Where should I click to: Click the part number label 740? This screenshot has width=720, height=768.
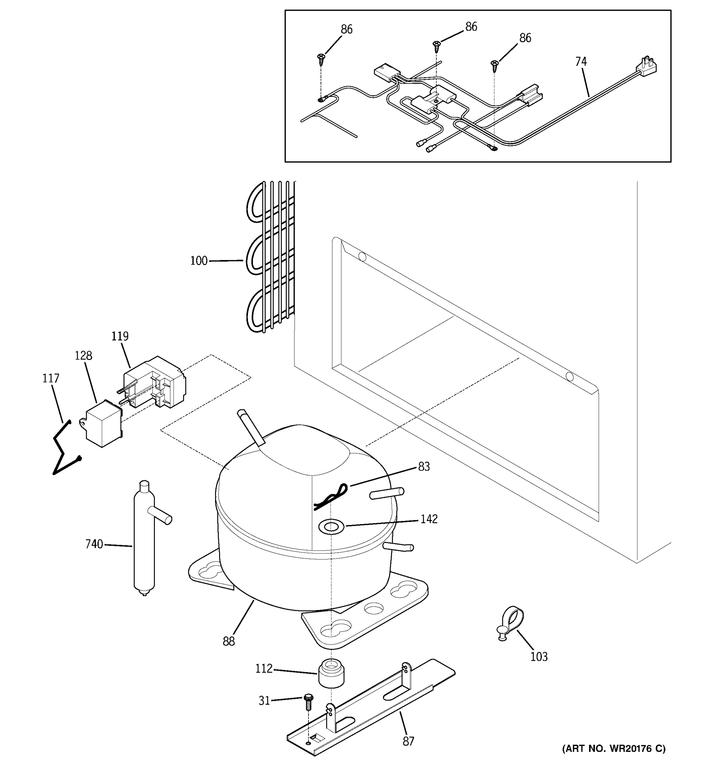(x=94, y=544)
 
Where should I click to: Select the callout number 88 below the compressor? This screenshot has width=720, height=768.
(x=229, y=642)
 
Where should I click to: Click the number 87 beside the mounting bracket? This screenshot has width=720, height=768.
(x=408, y=741)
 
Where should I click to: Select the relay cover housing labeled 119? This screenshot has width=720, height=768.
(x=155, y=382)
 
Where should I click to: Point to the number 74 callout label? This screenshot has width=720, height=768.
(x=581, y=62)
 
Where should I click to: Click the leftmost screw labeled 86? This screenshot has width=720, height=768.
(x=321, y=59)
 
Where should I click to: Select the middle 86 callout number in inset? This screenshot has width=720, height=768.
(x=471, y=27)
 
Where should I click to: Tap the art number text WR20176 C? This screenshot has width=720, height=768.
(x=614, y=749)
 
